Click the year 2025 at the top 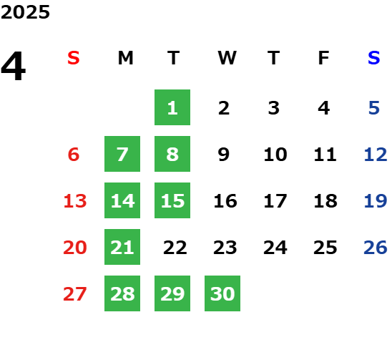pyautogui.click(x=25, y=12)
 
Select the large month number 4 pyautogui.click(x=13, y=66)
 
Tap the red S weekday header pyautogui.click(x=74, y=58)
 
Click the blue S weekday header pyautogui.click(x=374, y=58)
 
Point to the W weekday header pyautogui.click(x=227, y=58)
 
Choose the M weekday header pyautogui.click(x=125, y=58)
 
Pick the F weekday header pyautogui.click(x=324, y=58)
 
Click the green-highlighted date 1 pyautogui.click(x=172, y=107)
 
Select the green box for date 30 pyautogui.click(x=222, y=293)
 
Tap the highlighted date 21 pyautogui.click(x=122, y=247)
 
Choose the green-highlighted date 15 pyautogui.click(x=172, y=200)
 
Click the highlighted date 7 pyautogui.click(x=122, y=154)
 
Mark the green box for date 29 pyautogui.click(x=172, y=293)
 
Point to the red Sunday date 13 pyautogui.click(x=75, y=201)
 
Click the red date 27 pyautogui.click(x=75, y=294)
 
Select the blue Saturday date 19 pyautogui.click(x=376, y=201)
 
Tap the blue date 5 pyautogui.click(x=374, y=108)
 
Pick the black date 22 pyautogui.click(x=175, y=248)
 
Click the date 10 pyautogui.click(x=275, y=155)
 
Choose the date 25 pyautogui.click(x=325, y=248)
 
